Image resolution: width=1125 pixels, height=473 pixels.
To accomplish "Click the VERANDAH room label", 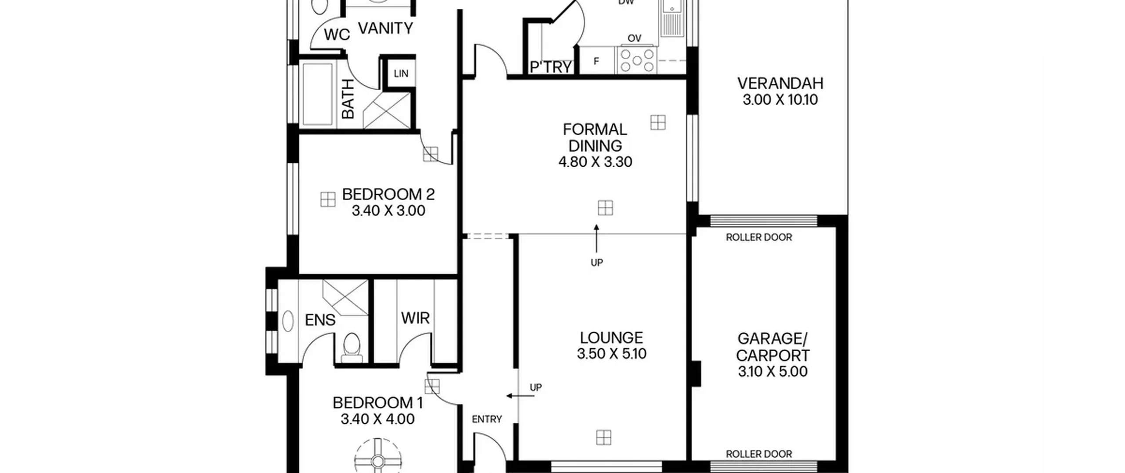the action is pos(780,83).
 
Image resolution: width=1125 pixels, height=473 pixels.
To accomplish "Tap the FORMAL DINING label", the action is pos(595,137).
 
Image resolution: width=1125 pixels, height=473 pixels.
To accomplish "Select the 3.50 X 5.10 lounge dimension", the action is pos(611,354).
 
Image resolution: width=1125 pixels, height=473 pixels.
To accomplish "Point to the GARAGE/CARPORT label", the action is pos(773,347).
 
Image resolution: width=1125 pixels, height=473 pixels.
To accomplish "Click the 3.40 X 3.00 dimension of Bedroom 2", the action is pos(388,211).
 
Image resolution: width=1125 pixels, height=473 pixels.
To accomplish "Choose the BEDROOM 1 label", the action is pos(377,403).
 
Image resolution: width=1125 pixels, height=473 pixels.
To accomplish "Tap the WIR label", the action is pos(415,318).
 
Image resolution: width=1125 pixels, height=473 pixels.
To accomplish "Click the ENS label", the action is pos(320,320).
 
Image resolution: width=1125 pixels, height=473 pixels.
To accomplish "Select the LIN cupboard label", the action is pos(401,73).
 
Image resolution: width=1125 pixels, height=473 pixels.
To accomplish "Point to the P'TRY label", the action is pos(551,67).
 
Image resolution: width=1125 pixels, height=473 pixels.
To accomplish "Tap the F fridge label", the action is pos(596,61).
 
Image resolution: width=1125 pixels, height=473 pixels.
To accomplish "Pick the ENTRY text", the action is pos(487,419).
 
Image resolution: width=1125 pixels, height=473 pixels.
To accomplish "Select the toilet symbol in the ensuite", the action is pos(351,348).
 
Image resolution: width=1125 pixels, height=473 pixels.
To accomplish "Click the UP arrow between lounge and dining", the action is pos(596,239).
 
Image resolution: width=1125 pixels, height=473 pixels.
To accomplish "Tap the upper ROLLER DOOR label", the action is pos(759,238).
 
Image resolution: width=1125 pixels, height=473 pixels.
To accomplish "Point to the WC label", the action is pos(337,34).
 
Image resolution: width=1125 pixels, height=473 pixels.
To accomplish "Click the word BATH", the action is pos(348,99).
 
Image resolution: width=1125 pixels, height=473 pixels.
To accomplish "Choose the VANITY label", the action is pos(386,28).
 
